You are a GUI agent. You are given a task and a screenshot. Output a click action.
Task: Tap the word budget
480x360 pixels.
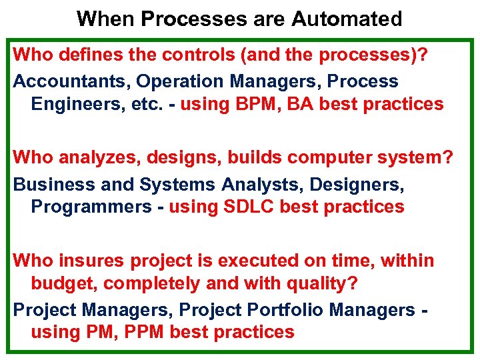click(x=63, y=283)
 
